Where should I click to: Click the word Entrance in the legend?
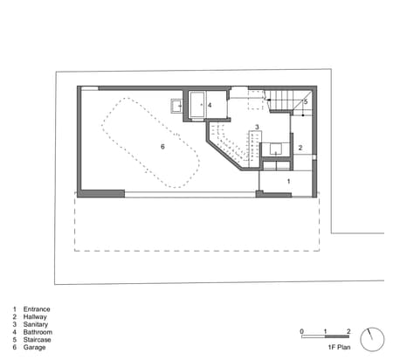pyautogui.click(x=37, y=309)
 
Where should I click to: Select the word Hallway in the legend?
pyautogui.click(x=35, y=316)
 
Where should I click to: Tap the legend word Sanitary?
pyautogui.click(x=36, y=324)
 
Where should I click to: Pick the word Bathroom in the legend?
pyautogui.click(x=38, y=332)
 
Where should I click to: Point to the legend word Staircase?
pyautogui.click(x=37, y=340)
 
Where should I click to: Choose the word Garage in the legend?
pyautogui.click(x=34, y=347)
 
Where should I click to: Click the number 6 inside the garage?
pyautogui.click(x=162, y=147)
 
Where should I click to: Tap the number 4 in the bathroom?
pyautogui.click(x=210, y=105)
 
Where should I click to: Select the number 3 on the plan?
pyautogui.click(x=257, y=127)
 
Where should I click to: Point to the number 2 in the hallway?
pyautogui.click(x=300, y=148)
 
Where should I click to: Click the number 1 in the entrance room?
pyautogui.click(x=289, y=181)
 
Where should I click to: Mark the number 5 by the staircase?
pyautogui.click(x=306, y=102)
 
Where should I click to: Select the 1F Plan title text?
pyautogui.click(x=339, y=347)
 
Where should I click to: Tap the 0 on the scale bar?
pyautogui.click(x=302, y=331)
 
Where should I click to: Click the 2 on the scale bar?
pyautogui.click(x=348, y=331)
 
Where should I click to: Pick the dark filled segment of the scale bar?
pyautogui.click(x=337, y=336)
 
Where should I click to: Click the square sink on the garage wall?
pyautogui.click(x=176, y=106)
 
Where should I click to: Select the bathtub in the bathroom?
pyautogui.click(x=198, y=105)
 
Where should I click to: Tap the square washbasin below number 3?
pyautogui.click(x=276, y=149)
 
